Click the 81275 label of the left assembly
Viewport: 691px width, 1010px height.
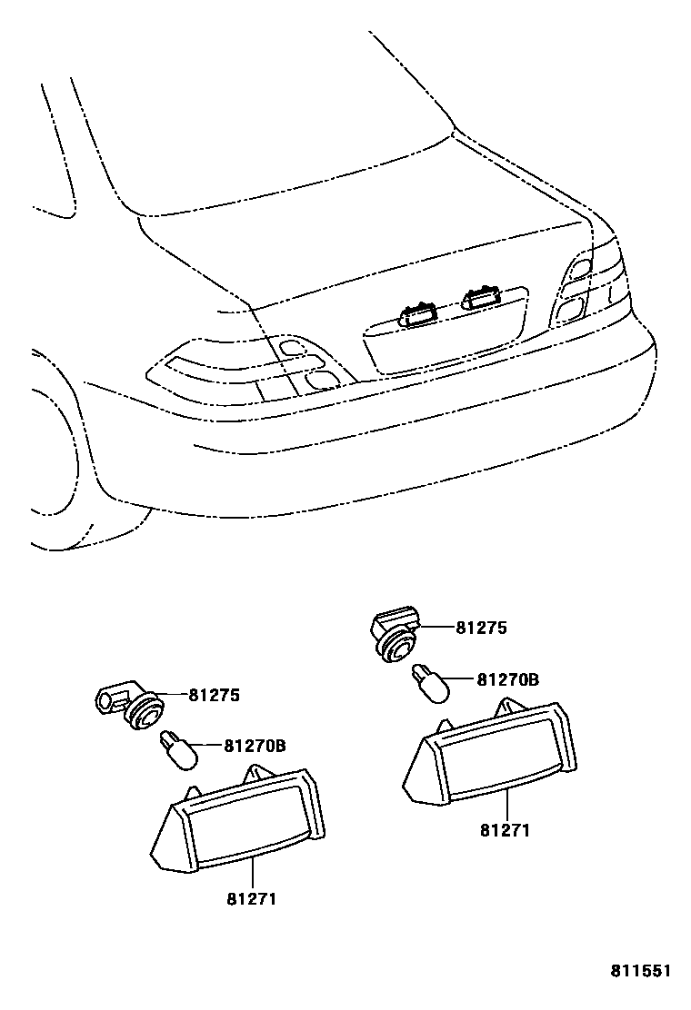[214, 696]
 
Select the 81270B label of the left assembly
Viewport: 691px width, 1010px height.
[255, 747]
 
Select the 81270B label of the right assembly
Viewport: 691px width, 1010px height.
[507, 678]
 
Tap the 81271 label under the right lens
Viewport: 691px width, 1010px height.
[505, 829]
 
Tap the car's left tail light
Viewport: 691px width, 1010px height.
[245, 367]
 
